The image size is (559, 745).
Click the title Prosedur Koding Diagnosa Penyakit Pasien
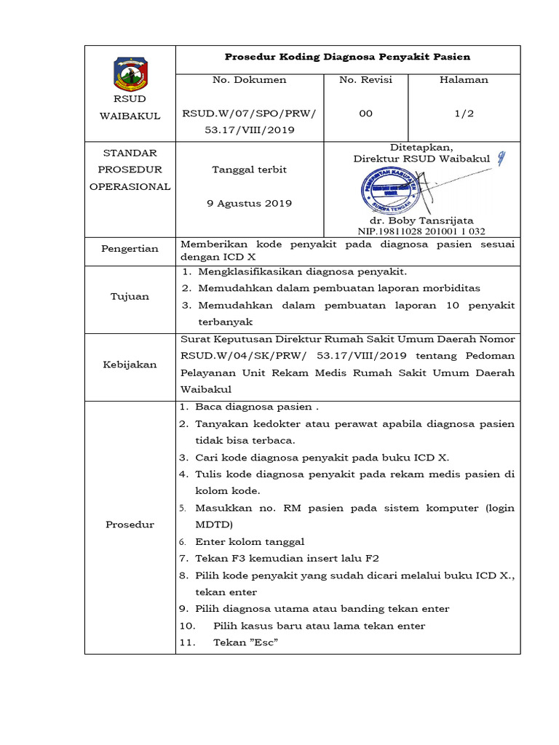click(347, 56)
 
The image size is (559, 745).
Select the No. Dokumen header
click(249, 80)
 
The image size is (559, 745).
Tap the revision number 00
click(365, 113)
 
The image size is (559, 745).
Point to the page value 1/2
click(464, 113)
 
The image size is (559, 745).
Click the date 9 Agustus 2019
click(249, 203)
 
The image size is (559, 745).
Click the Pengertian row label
click(130, 249)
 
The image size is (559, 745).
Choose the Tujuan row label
click(130, 296)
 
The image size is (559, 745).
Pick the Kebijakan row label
click(130, 364)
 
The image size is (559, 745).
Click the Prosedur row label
click(130, 525)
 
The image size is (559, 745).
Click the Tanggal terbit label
click(249, 170)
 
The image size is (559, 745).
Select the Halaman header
click(464, 80)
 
